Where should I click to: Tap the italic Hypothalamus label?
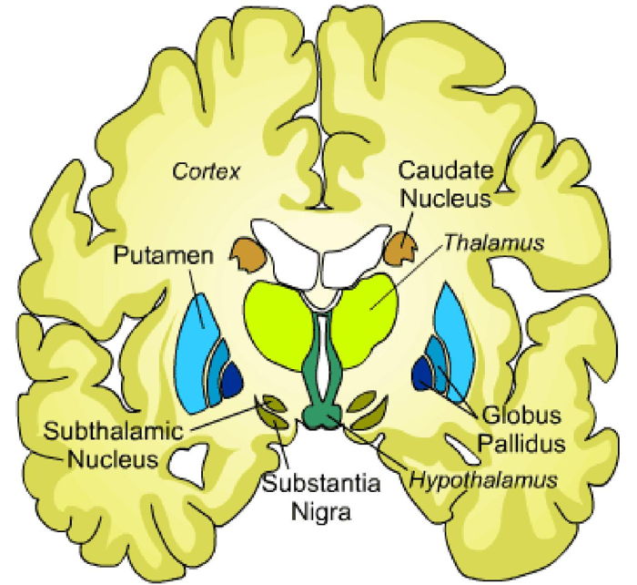(x=481, y=477)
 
